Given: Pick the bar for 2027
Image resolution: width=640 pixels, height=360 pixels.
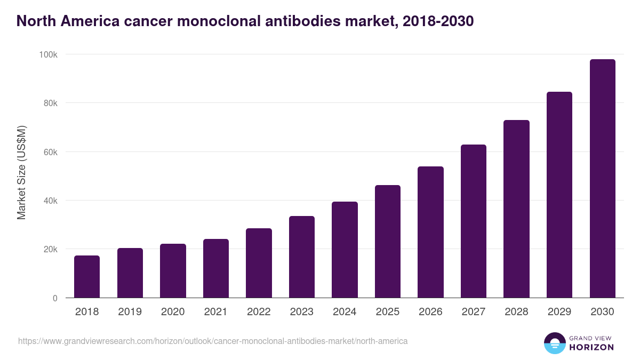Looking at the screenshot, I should (x=474, y=221).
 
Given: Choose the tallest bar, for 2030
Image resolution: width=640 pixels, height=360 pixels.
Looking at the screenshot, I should (x=602, y=178).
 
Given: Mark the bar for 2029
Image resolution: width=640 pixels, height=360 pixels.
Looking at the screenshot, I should (x=559, y=195).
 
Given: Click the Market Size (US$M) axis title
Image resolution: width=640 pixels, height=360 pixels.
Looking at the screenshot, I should (x=21, y=173).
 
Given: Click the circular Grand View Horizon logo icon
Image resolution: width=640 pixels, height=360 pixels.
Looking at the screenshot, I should (x=554, y=343).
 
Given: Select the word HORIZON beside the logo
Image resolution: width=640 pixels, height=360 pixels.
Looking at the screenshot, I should (x=591, y=347).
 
